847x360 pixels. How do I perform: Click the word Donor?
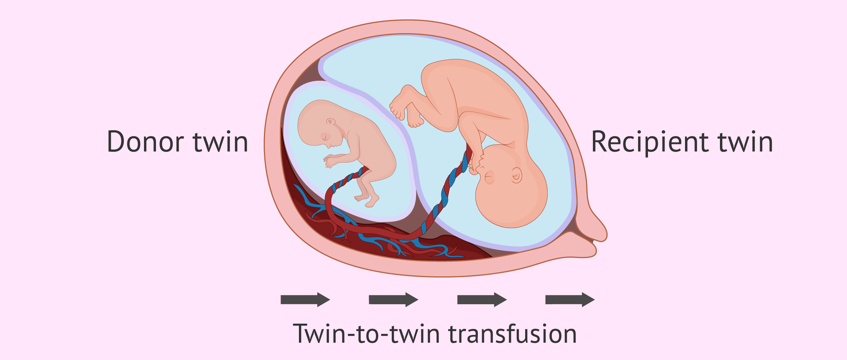tap(145, 142)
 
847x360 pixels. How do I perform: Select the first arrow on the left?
tap(305, 300)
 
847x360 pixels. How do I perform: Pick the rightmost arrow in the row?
tap(570, 300)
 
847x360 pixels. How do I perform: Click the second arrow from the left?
tap(394, 300)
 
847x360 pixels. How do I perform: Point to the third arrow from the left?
tap(482, 300)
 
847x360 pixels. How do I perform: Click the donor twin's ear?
tap(331, 122)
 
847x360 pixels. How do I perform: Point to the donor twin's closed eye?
tap(325, 137)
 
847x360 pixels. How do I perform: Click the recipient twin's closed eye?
tap(489, 177)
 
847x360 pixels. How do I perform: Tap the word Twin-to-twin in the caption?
tap(367, 334)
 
